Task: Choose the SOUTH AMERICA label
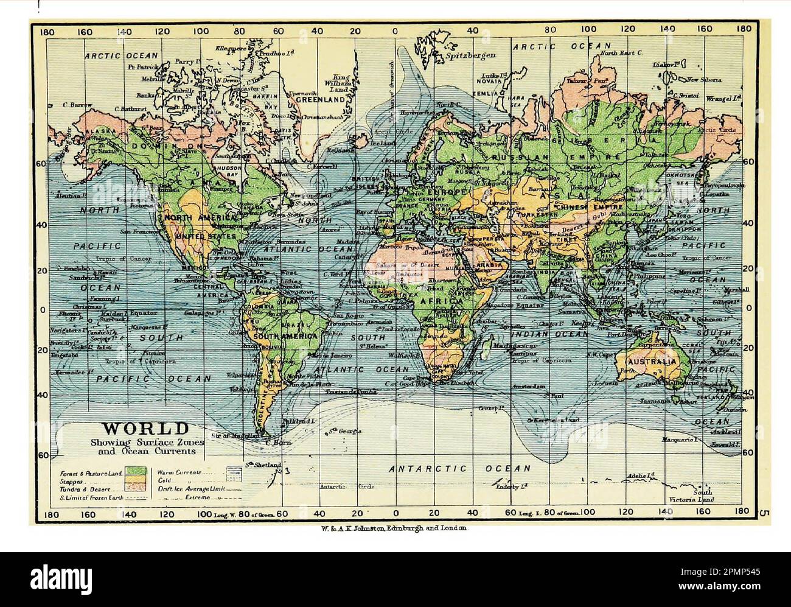(x=285, y=336)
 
